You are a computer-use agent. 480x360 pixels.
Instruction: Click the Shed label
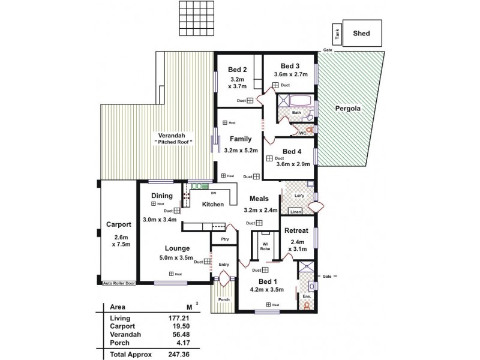pos(361,34)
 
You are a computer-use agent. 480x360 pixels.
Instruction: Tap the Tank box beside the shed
pos(338,35)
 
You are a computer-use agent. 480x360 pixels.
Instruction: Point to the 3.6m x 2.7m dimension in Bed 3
pos(290,74)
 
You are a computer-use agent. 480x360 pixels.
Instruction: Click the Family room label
pos(241,139)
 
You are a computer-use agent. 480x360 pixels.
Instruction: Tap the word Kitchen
pos(212,205)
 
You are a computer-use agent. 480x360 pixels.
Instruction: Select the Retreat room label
pos(296,230)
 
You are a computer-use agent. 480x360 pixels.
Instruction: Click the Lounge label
pos(178,248)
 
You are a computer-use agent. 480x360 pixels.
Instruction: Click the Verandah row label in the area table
pos(125,335)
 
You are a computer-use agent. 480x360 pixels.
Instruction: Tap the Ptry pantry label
pos(223,238)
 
